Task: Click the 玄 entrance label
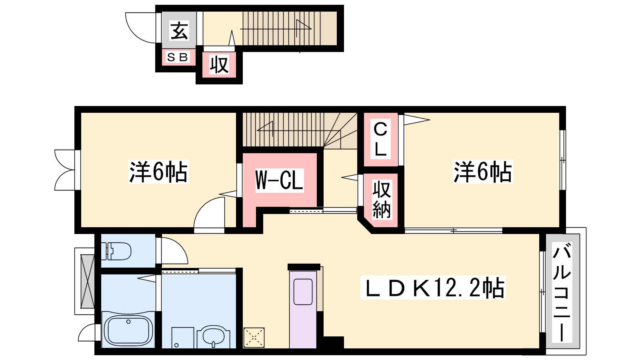tap(179, 30)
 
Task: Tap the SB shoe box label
tap(178, 57)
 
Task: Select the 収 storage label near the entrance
tap(219, 65)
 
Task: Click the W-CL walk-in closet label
tap(279, 180)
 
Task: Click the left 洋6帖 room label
tap(158, 172)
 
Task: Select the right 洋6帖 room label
tap(482, 172)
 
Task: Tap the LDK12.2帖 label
tap(433, 288)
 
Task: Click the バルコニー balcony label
tap(562, 292)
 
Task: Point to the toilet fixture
tap(118, 251)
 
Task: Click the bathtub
tap(128, 330)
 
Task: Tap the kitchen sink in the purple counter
tap(303, 292)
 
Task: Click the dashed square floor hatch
tap(254, 338)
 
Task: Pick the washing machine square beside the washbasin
tap(182, 338)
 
